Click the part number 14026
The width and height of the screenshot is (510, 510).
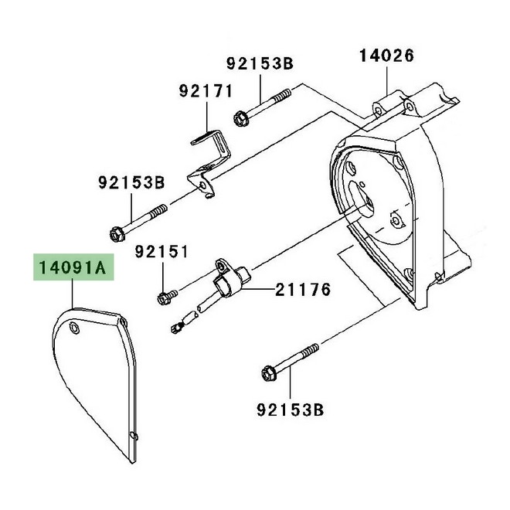pos(386,55)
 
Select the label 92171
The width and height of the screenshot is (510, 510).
pos(206,91)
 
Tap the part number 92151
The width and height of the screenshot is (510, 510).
pos(162,252)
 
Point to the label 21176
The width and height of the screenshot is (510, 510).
pos(304,291)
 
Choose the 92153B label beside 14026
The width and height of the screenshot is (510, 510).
pos(260,63)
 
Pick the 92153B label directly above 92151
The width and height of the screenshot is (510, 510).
pos(131,183)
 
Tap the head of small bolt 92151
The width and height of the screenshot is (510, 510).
pos(164,297)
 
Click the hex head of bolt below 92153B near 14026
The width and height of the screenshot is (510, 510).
pos(240,119)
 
